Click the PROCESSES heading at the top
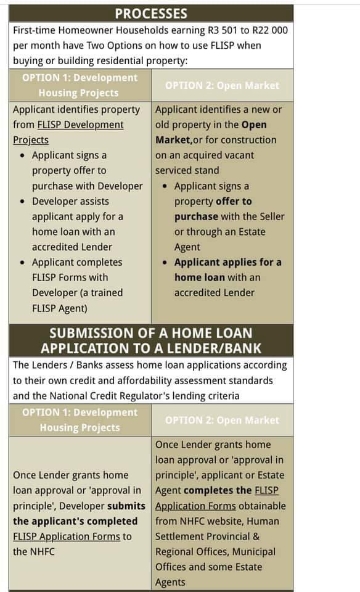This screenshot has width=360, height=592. (151, 14)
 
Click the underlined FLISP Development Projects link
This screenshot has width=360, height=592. (68, 132)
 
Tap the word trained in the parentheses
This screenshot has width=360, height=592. (104, 292)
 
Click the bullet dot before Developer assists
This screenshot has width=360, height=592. (22, 202)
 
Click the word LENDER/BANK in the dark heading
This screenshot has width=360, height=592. (210, 347)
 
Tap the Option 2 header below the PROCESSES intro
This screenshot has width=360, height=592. (222, 86)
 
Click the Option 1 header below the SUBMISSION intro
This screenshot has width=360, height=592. (80, 420)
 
